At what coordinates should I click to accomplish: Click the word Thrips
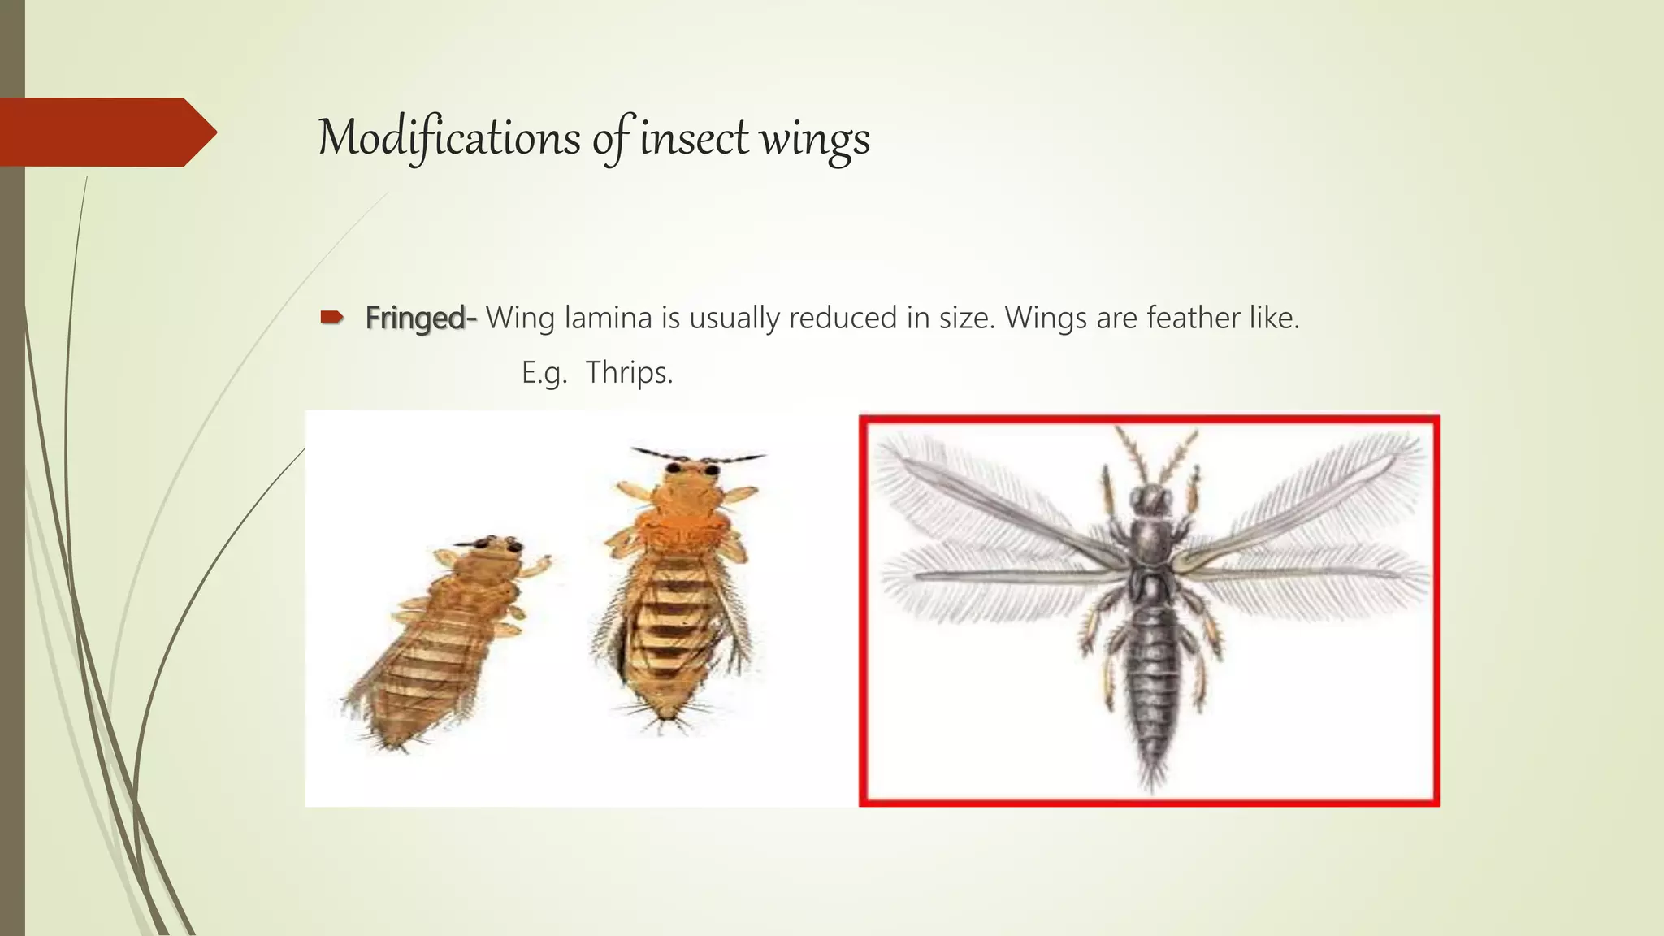click(x=629, y=372)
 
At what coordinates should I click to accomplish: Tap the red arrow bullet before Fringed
click(x=331, y=318)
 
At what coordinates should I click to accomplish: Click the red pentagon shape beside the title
click(x=106, y=132)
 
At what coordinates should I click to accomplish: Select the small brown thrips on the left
click(x=443, y=634)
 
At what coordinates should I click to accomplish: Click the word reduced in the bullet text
click(x=843, y=318)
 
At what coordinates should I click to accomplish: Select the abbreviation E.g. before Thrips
click(x=544, y=373)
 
